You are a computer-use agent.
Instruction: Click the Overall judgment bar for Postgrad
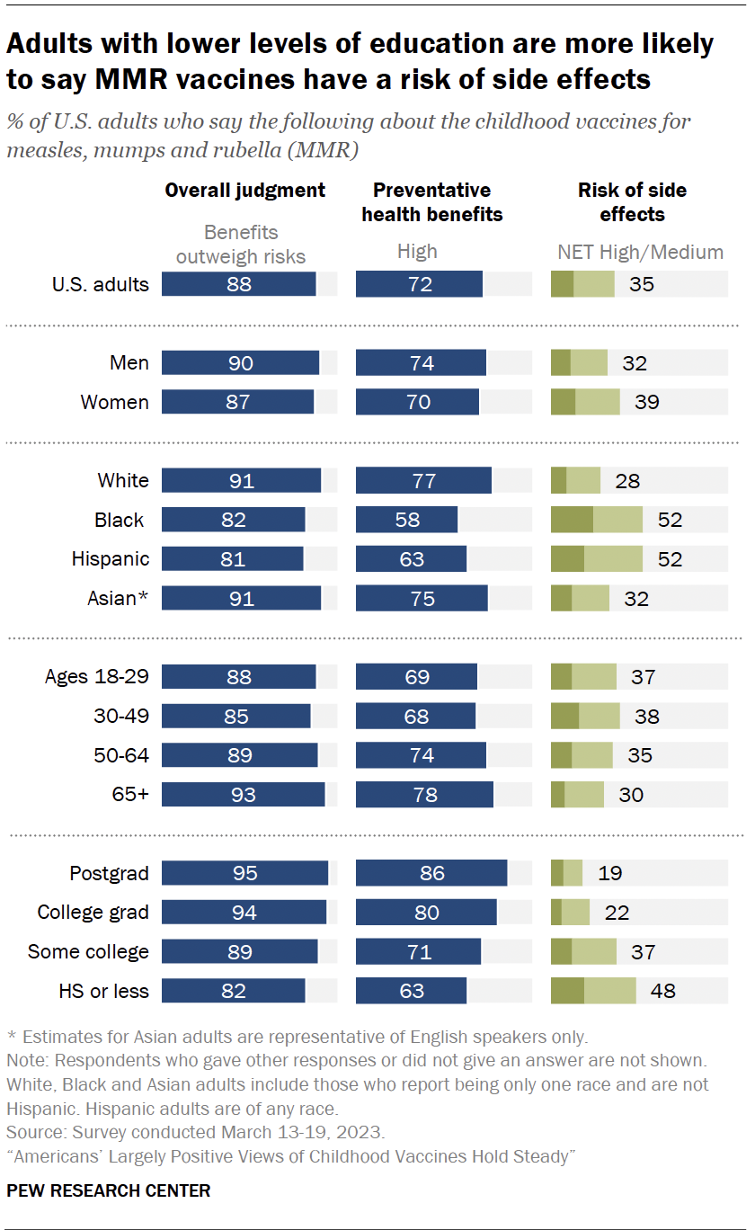[244, 873]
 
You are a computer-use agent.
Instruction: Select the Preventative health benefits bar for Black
[406, 520]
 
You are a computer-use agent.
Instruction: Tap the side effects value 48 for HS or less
[663, 991]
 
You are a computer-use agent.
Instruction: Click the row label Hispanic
[111, 559]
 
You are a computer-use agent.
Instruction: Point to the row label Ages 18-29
[97, 677]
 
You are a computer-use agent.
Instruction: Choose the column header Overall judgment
[244, 191]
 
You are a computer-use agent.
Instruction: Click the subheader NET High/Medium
[640, 252]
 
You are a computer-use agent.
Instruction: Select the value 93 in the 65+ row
[243, 795]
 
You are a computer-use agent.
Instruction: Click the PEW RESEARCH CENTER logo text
[109, 1190]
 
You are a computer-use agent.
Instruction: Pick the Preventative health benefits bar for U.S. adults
[419, 285]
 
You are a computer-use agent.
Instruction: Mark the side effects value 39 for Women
[647, 402]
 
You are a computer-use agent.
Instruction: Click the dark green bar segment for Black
[572, 520]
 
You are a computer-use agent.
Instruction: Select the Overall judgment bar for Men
[240, 363]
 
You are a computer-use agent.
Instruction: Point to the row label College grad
[93, 913]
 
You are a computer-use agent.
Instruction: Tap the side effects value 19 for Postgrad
[609, 873]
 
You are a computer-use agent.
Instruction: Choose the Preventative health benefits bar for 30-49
[415, 717]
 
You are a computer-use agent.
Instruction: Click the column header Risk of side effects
[632, 202]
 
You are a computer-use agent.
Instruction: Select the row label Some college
[88, 951]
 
